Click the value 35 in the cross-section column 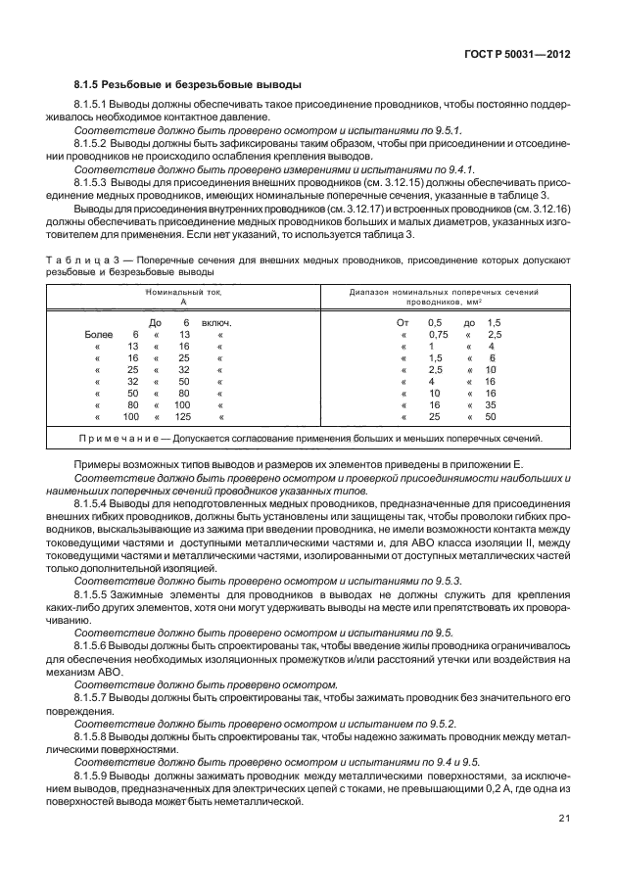click(491, 404)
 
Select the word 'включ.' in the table click(217, 322)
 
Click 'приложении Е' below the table click(495, 462)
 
